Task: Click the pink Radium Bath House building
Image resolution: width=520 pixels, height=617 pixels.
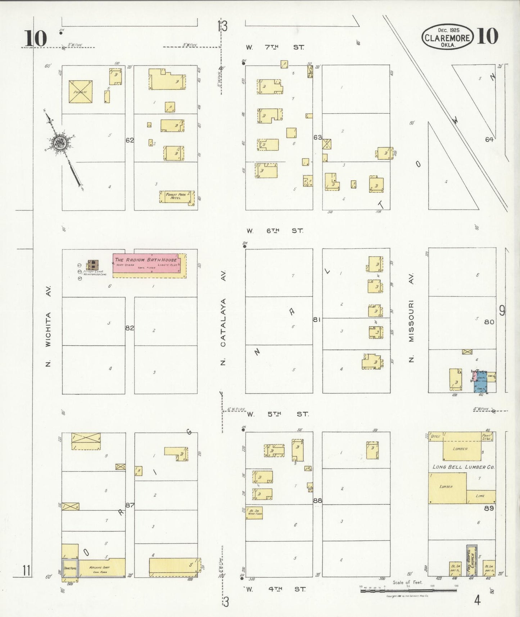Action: coord(146,264)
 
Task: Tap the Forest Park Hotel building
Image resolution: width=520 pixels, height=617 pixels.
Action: coord(176,197)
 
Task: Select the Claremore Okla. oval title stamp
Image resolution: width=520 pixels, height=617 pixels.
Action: coord(447,37)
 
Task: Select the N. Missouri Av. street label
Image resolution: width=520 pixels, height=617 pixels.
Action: coord(411,317)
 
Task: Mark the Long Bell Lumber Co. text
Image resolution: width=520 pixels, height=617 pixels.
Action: coord(463,467)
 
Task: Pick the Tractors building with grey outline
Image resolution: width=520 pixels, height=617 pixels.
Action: coord(70,568)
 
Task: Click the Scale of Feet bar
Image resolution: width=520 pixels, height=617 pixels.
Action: coord(408,590)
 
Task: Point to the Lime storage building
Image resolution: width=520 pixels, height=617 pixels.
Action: coord(481,496)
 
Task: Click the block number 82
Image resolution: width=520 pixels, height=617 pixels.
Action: coord(130,328)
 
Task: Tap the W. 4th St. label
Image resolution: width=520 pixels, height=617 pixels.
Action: coord(275,589)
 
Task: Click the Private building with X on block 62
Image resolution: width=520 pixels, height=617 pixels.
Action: coord(81,92)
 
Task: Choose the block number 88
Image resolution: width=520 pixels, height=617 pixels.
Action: coord(317,500)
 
